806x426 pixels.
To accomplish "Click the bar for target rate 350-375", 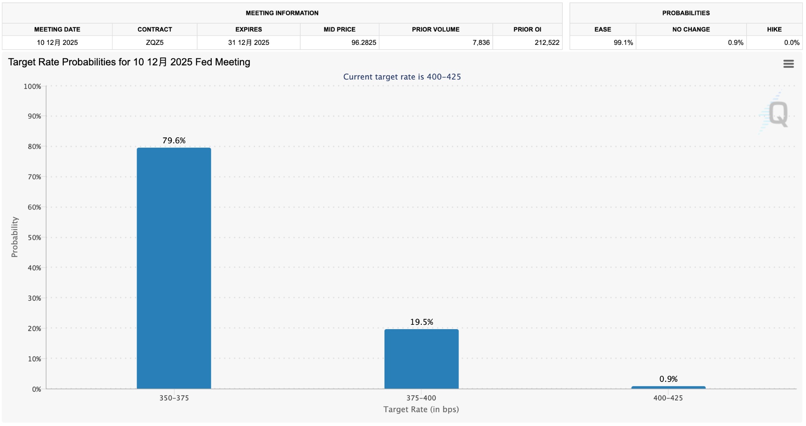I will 174,268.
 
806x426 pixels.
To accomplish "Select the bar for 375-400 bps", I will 421,359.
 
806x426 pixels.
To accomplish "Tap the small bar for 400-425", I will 668,387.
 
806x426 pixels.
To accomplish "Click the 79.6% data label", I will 174,141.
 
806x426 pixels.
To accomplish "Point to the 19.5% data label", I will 421,322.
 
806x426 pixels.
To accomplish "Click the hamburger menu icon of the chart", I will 788,64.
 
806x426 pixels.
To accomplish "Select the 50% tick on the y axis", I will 34,237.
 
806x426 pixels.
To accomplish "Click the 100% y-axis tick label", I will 32,86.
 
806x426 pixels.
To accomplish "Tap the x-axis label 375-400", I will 421,398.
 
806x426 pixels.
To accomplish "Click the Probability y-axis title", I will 15,237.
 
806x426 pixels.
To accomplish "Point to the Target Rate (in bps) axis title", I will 421,409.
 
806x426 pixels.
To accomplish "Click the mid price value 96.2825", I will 364,43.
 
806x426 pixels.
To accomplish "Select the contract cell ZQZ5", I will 155,43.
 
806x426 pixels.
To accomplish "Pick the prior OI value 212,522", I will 547,43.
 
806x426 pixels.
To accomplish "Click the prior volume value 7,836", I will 481,43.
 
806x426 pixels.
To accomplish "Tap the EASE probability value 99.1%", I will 623,43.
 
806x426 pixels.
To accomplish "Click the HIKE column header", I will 774,30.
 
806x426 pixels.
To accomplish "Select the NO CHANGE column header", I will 691,30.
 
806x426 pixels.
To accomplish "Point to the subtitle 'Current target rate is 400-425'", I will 402,77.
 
